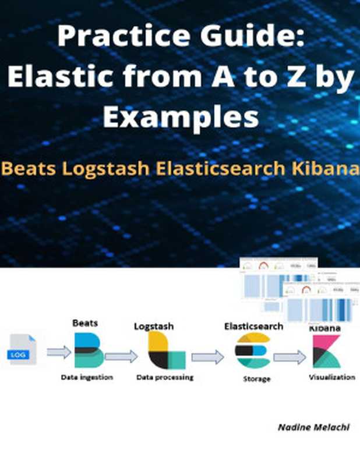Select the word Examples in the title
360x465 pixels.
[181, 117]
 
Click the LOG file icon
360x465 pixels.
[22, 350]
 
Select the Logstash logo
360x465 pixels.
[166, 351]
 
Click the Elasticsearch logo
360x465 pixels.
[252, 352]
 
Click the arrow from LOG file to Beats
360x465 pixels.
[58, 352]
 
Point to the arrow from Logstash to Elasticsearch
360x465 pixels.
[207, 356]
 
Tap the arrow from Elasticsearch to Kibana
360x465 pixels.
[290, 357]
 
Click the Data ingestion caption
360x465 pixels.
[87, 378]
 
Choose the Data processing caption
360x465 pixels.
[165, 378]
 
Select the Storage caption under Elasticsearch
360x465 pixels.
[256, 379]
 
